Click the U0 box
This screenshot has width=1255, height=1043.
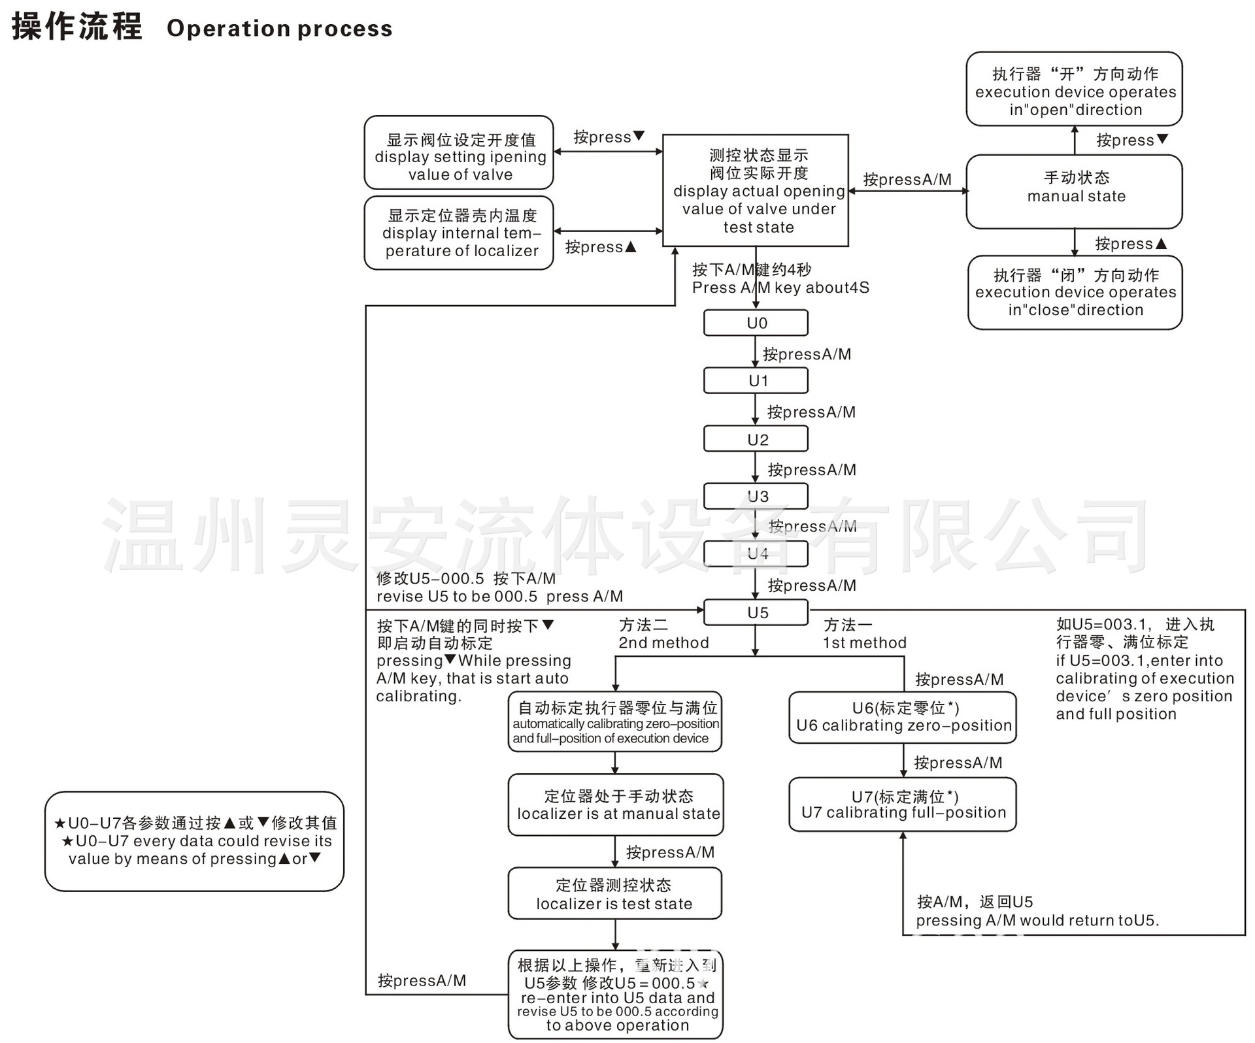pyautogui.click(x=756, y=323)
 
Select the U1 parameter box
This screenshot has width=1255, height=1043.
pyautogui.click(x=756, y=380)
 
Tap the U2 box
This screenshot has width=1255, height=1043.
pyautogui.click(x=756, y=439)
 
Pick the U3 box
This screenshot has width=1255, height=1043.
pyautogui.click(x=756, y=496)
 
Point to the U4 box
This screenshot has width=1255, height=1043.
pyautogui.click(x=756, y=554)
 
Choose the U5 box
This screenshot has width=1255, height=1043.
pyautogui.click(x=756, y=612)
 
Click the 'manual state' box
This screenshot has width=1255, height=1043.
pyautogui.click(x=1075, y=191)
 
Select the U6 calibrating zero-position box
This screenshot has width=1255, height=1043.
pyautogui.click(x=903, y=717)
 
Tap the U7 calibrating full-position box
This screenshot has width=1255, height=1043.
pyautogui.click(x=903, y=804)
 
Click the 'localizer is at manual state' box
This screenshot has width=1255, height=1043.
pyautogui.click(x=616, y=805)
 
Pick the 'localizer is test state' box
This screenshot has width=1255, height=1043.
pyautogui.click(x=614, y=894)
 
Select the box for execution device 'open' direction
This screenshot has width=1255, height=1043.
pyautogui.click(x=1075, y=90)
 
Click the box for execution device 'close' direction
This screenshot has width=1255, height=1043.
pyautogui.click(x=1075, y=293)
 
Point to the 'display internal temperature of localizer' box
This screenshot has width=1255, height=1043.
pyautogui.click(x=459, y=233)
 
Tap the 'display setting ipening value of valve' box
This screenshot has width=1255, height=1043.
pyautogui.click(x=459, y=153)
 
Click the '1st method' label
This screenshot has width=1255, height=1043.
pyautogui.click(x=864, y=643)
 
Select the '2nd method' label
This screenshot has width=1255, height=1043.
pyautogui.click(x=663, y=643)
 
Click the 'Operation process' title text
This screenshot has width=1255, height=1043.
pyautogui.click(x=280, y=29)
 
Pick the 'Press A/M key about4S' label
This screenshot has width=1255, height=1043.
pyautogui.click(x=780, y=288)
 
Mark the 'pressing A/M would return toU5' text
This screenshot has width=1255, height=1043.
pyautogui.click(x=1037, y=921)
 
